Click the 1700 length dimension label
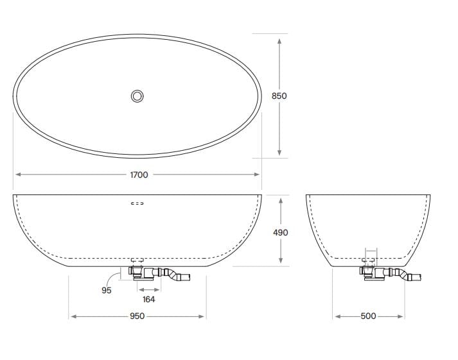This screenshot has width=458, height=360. click(139, 175)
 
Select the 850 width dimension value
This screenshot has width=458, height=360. click(279, 96)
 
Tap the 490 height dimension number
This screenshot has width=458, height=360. click(281, 232)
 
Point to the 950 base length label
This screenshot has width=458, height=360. click(137, 316)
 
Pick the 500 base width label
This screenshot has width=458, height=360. click(368, 316)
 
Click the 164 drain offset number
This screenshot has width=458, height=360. click(148, 299)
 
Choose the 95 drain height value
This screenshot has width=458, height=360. click(107, 290)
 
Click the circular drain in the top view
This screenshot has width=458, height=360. click(137, 96)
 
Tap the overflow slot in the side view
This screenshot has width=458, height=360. click(137, 203)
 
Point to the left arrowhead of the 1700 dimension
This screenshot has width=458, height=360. click(18, 175)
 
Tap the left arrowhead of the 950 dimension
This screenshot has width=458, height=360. click(73, 316)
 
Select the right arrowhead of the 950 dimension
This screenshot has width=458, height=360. click(202, 316)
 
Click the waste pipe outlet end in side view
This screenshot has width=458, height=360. click(186, 278)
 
